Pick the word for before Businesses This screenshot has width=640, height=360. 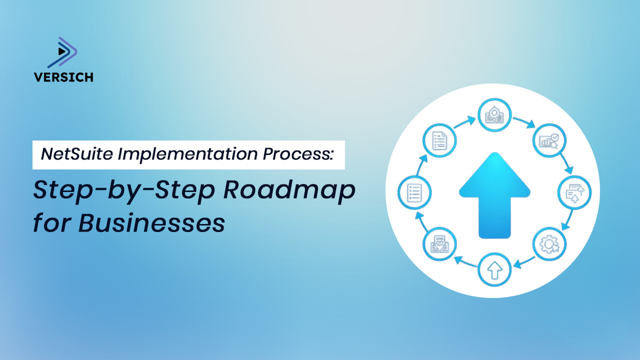pyautogui.click(x=50, y=223)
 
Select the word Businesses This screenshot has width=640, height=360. pyautogui.click(x=151, y=223)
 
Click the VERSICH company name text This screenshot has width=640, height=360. pyautogui.click(x=63, y=77)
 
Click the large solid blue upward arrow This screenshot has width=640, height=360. pyautogui.click(x=494, y=194)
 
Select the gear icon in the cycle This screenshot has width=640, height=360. pyautogui.click(x=549, y=244)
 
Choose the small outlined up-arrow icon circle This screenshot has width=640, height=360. pyautogui.click(x=494, y=270)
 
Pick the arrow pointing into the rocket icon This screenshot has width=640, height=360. pyautogui.click(x=465, y=121)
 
